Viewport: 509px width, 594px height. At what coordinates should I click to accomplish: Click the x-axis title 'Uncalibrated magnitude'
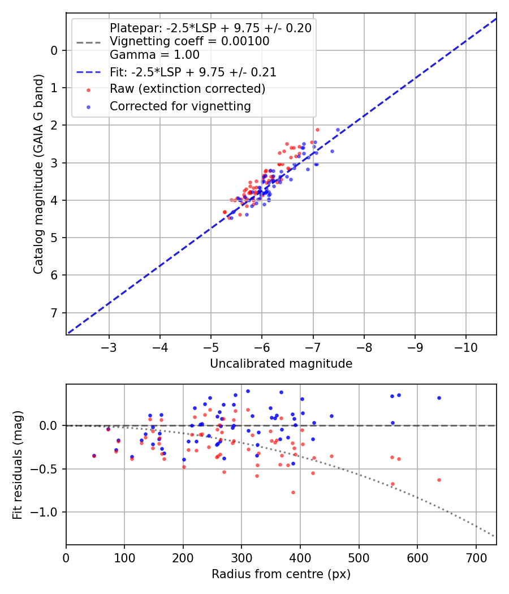point(281,364)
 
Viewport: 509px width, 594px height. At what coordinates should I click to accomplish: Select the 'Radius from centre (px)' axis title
point(281,574)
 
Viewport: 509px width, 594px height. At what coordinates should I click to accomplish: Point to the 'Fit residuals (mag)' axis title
point(18,464)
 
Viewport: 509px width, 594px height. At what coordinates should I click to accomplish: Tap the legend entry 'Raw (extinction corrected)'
point(187,89)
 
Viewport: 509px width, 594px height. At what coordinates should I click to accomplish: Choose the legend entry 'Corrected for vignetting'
point(180,106)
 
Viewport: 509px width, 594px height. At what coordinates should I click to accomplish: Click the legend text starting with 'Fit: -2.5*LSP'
point(193,72)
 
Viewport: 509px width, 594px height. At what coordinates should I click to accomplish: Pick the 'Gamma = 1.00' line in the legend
point(154,55)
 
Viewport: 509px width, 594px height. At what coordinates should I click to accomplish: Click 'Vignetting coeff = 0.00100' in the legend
point(189,41)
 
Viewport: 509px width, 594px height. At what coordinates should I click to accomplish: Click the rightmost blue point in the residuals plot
point(439,398)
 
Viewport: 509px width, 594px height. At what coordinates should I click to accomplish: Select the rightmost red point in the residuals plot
point(439,480)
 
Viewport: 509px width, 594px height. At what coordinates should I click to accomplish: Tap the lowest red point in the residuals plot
point(293,492)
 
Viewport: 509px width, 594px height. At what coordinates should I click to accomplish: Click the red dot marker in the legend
point(88,89)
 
